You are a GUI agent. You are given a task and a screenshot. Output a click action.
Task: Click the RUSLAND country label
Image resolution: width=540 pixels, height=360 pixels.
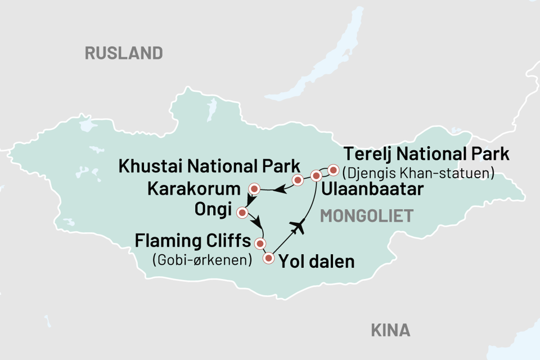124,53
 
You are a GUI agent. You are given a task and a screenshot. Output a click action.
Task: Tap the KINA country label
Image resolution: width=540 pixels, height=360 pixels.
390,330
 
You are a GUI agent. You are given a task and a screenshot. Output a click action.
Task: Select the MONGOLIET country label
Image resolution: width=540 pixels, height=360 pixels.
366,216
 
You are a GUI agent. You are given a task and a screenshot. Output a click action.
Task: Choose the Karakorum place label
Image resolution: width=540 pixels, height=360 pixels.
194,188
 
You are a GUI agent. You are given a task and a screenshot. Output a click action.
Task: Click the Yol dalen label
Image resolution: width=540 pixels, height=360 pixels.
317,262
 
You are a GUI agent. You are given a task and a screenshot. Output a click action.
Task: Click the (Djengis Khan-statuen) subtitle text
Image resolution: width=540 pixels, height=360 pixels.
419,172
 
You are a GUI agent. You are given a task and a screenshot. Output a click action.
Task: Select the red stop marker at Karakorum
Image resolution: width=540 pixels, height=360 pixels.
255,188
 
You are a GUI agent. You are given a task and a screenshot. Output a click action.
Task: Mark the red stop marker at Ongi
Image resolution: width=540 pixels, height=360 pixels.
242,213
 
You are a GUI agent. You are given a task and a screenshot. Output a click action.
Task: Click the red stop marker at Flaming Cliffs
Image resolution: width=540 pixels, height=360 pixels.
260,244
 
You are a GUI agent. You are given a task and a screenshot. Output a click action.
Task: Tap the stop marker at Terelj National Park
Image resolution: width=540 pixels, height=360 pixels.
333,170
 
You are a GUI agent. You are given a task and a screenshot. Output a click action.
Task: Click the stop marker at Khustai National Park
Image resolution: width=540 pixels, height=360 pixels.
298,180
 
